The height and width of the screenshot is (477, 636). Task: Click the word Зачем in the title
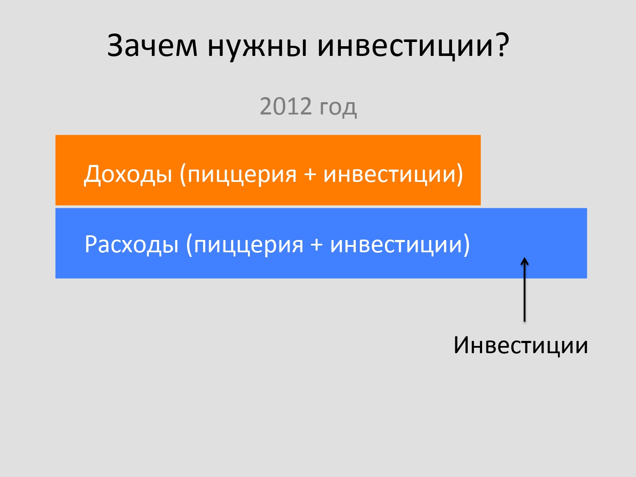[152, 45]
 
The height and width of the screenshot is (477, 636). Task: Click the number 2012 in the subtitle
[286, 106]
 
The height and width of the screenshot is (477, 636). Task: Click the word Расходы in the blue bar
[131, 244]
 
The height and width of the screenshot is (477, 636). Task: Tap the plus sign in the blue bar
[316, 245]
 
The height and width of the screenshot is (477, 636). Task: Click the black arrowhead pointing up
[524, 261]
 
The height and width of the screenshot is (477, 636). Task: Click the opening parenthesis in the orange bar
[183, 175]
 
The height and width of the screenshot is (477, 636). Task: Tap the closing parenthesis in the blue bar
[466, 245]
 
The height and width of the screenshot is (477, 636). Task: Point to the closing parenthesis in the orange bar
[460, 175]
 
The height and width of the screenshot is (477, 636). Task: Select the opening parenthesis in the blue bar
[189, 245]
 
